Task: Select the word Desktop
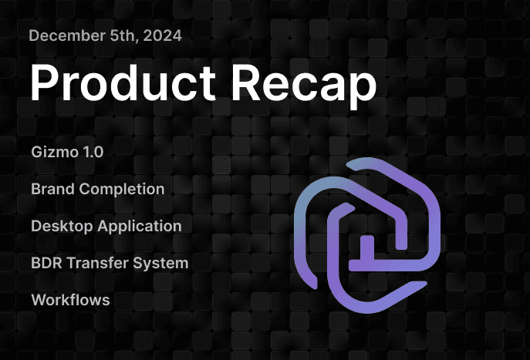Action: click(x=59, y=226)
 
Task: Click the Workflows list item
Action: click(x=70, y=300)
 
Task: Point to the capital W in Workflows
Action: click(x=38, y=300)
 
